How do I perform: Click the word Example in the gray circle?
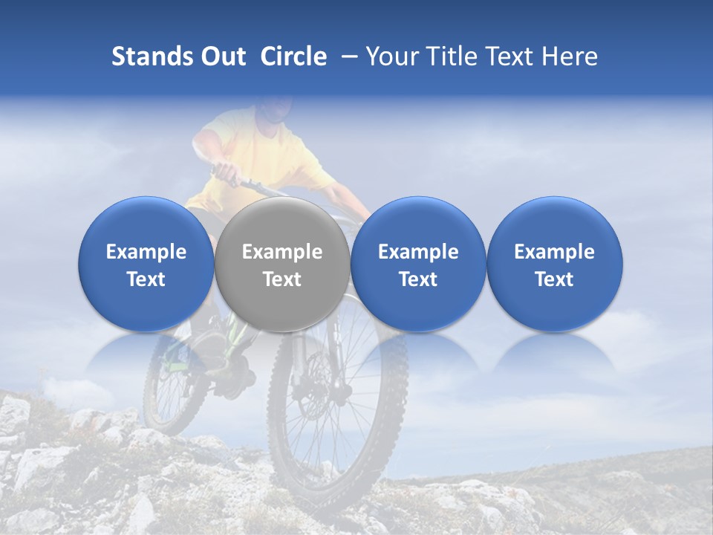(x=282, y=253)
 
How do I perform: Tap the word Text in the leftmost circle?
(x=146, y=279)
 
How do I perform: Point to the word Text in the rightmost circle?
(x=555, y=279)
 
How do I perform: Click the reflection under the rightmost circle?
(x=555, y=357)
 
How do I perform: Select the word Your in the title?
(x=390, y=56)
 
